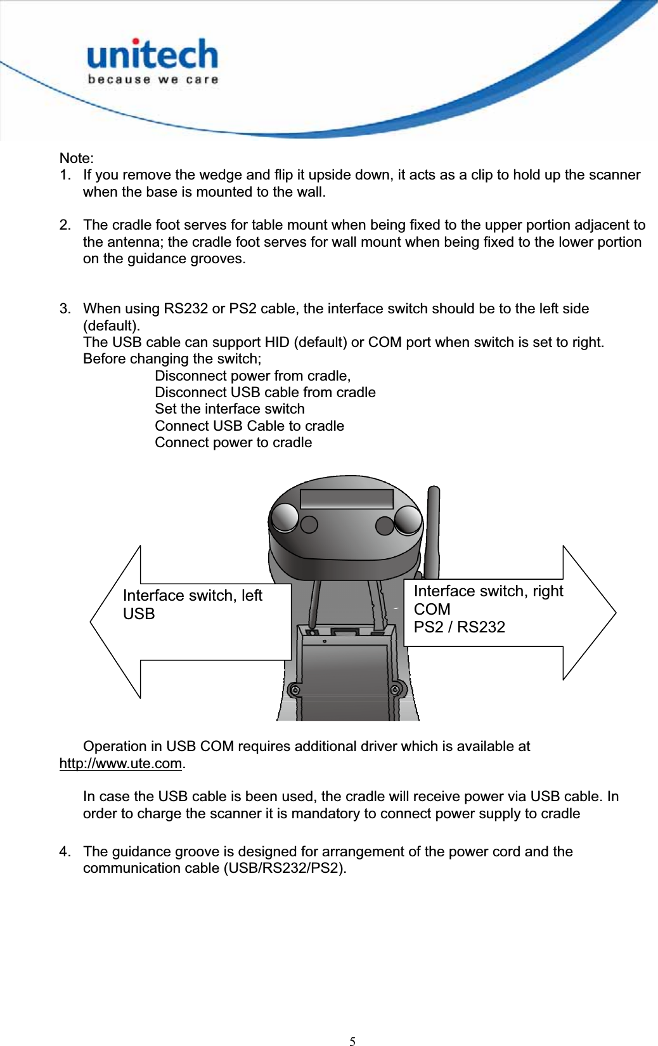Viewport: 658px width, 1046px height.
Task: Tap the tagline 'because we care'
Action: pos(153,80)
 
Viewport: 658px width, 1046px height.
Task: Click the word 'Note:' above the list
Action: pos(76,158)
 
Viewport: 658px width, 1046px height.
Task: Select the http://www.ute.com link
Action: pos(120,763)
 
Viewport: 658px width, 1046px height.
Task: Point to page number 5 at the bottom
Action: pos(352,1040)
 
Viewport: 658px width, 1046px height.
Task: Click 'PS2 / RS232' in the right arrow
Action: pos(459,627)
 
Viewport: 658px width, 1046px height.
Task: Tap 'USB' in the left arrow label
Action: pos(139,614)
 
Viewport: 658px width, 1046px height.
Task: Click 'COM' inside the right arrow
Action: pos(432,609)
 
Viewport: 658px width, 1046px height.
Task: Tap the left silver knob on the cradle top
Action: pos(284,518)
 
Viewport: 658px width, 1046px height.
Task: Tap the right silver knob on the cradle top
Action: pos(408,520)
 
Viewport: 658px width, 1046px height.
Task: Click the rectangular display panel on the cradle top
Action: pos(347,499)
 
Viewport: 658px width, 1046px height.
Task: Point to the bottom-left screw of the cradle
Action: pos(294,690)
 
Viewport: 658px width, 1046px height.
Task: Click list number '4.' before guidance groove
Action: pos(65,851)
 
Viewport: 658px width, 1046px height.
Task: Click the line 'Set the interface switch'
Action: pos(229,409)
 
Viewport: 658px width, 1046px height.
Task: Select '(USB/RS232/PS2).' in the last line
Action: pos(285,868)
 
